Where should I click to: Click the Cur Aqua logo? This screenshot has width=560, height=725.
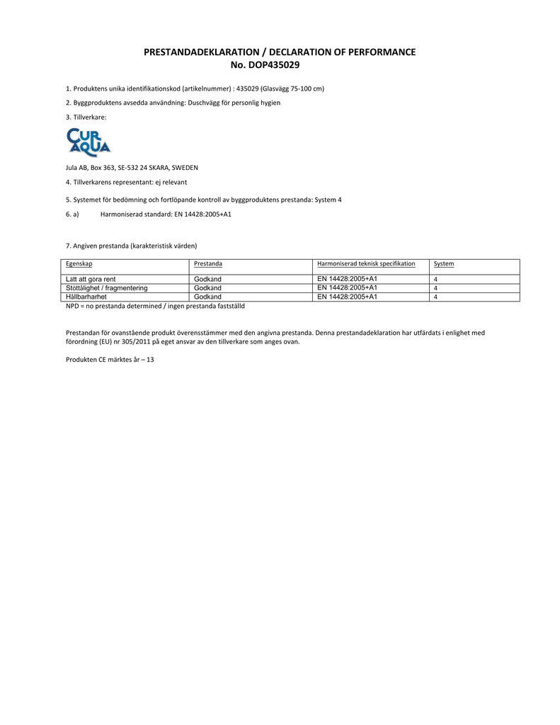[88, 142]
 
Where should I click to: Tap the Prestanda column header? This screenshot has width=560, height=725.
[208, 263]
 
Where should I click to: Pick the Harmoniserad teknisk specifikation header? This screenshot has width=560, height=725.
[366, 263]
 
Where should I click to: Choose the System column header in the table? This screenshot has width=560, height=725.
[444, 263]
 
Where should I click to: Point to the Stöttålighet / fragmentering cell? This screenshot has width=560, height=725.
[107, 288]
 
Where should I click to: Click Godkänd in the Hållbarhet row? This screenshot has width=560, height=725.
[207, 297]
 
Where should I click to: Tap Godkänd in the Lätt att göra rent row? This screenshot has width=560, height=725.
[207, 279]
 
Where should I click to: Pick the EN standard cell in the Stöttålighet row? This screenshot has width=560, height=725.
[347, 287]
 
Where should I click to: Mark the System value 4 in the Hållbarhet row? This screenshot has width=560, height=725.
[435, 297]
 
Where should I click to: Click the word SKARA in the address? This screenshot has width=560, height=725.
[151, 168]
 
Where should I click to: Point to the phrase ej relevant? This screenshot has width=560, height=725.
[171, 183]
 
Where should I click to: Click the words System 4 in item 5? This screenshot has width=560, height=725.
[328, 200]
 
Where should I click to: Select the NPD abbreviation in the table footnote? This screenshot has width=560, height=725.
[72, 306]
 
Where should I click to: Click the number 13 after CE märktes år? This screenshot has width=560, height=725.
[150, 360]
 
